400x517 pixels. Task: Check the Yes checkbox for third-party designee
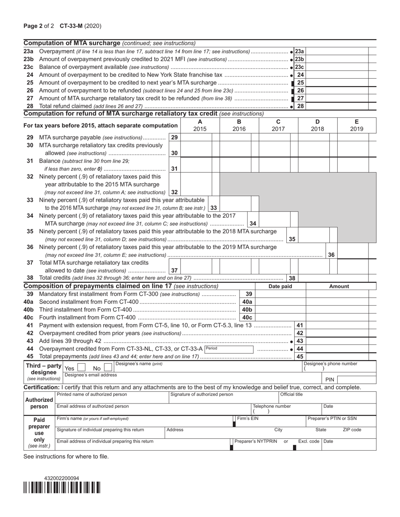pyautogui.click(x=81, y=367)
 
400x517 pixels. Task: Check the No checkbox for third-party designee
pyautogui.click(x=108, y=367)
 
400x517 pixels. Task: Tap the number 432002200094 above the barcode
pyautogui.click(x=61, y=478)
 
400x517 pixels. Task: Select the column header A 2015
pyautogui.click(x=200, y=125)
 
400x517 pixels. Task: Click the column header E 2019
pyautogui.click(x=356, y=125)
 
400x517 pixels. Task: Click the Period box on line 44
pyautogui.click(x=229, y=349)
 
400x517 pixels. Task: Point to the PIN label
pyautogui.click(x=330, y=380)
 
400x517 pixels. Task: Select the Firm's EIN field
pyautogui.click(x=269, y=421)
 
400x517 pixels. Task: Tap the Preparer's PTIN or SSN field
pyautogui.click(x=341, y=421)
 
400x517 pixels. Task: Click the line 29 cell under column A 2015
pyautogui.click(x=196, y=137)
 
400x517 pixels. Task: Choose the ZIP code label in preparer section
pyautogui.click(x=352, y=430)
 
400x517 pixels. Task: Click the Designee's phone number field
pyautogui.click(x=339, y=369)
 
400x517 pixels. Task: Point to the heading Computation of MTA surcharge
pyautogui.click(x=72, y=43)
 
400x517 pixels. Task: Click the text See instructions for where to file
pyautogui.click(x=66, y=456)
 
